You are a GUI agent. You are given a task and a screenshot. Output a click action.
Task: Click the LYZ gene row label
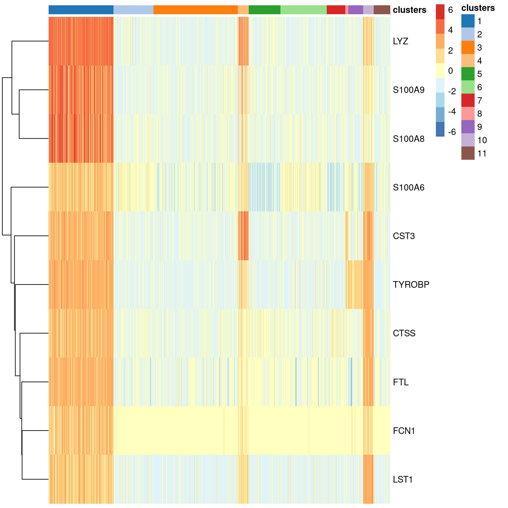pos(400,41)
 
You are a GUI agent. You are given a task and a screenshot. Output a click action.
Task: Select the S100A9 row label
pos(408,90)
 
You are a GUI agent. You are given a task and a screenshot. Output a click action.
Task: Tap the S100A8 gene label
pos(408,139)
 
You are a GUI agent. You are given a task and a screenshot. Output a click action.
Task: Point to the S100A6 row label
pos(408,188)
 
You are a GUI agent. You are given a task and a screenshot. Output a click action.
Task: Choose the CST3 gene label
pos(403,236)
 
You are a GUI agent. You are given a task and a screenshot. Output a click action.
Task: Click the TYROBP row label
pos(411,285)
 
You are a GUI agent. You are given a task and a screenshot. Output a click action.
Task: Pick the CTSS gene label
pos(404,333)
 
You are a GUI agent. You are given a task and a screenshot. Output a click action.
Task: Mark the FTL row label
pos(401,382)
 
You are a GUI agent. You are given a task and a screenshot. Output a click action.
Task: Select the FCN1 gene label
pos(403,431)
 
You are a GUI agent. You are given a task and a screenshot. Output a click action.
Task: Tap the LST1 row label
pos(402,480)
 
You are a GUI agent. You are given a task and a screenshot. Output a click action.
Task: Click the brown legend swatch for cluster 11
pos(468,153)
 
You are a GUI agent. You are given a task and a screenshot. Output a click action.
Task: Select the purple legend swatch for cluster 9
pos(468,127)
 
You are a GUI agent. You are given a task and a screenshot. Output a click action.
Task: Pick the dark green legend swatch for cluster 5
pos(468,74)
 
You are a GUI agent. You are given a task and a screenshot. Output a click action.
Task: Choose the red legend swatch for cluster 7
pos(468,101)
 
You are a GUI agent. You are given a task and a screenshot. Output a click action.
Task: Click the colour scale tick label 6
pos(450,10)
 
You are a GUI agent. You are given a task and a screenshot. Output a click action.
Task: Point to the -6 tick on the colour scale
pos(452,132)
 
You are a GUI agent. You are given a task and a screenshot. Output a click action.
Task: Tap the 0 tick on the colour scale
pos(450,71)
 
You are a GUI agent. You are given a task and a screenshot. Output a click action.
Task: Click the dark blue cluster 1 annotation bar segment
pos(81,10)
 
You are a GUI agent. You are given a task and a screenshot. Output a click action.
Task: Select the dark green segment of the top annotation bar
pos(264,10)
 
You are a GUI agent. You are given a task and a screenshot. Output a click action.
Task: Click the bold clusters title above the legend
pos(478,8)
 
